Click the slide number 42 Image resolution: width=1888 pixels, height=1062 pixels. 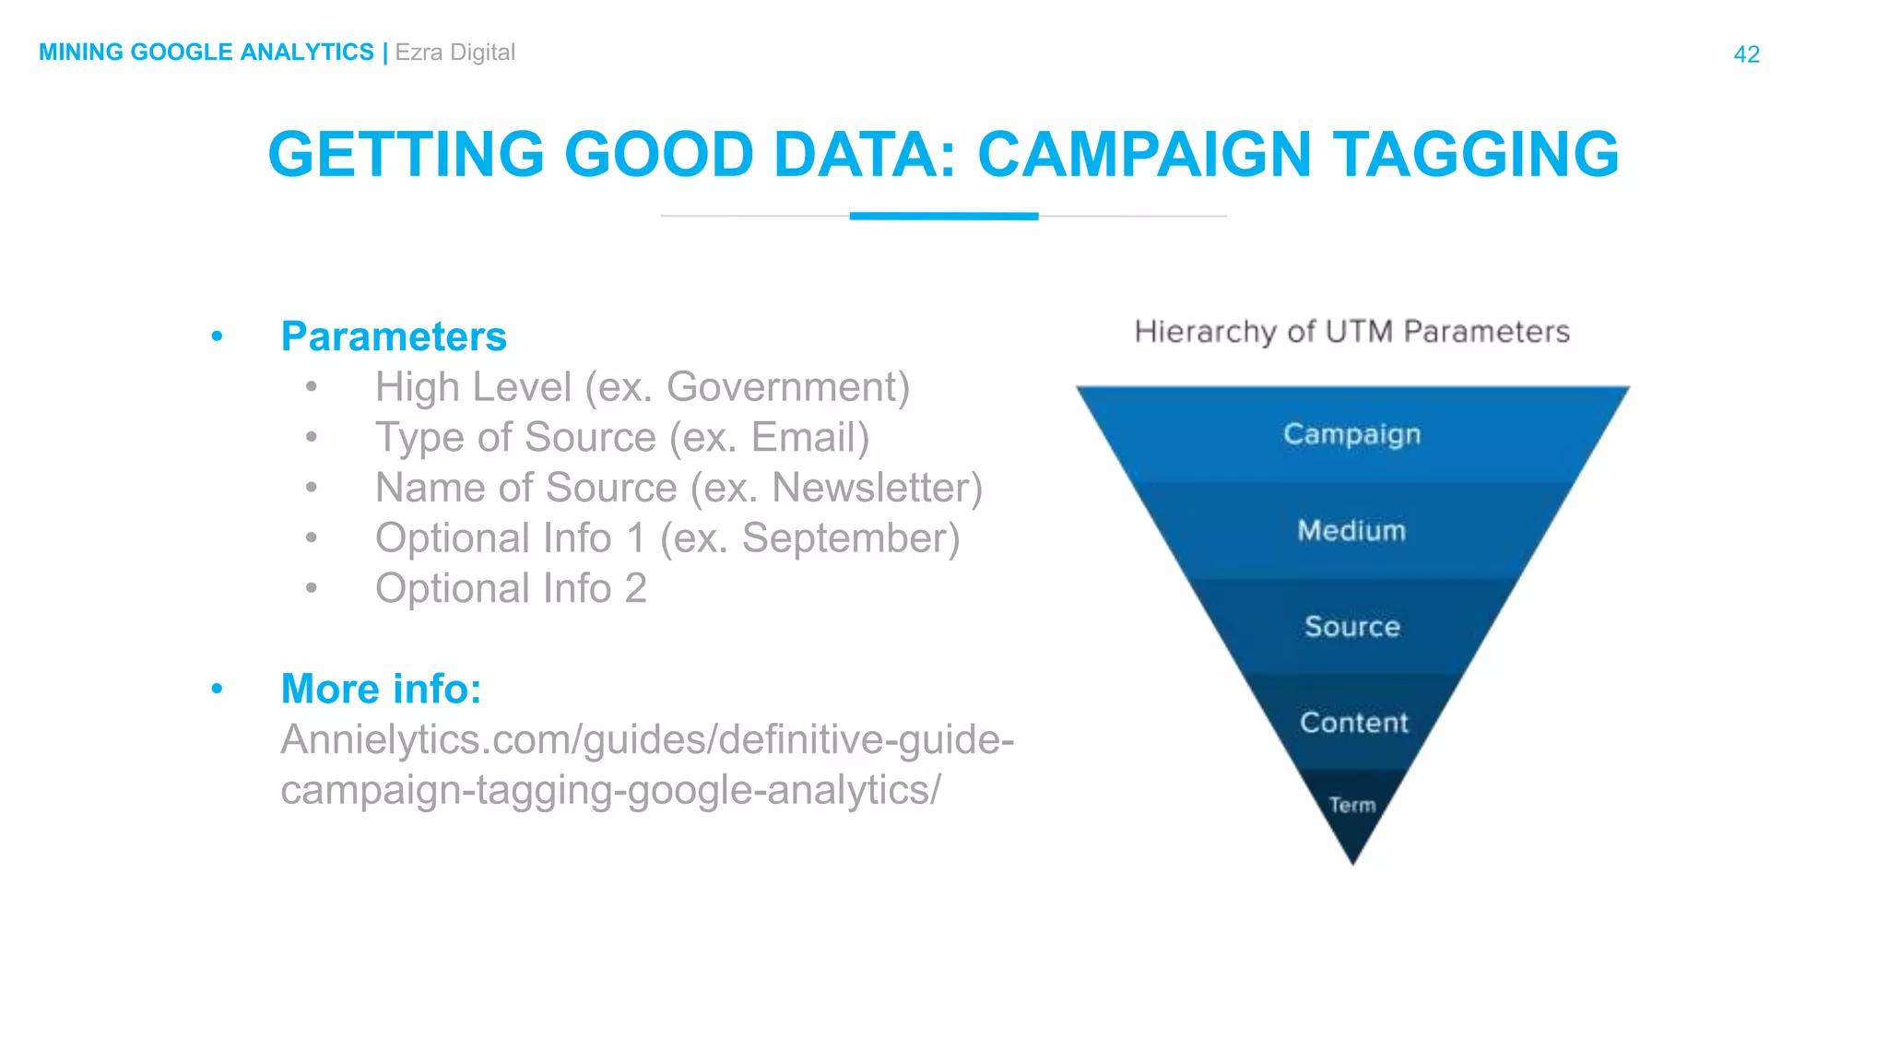pos(1746,54)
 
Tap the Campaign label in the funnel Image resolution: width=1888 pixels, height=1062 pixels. pos(1351,434)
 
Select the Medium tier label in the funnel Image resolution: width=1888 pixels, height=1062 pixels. pos(1351,530)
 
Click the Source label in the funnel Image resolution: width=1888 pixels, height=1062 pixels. pos(1352,627)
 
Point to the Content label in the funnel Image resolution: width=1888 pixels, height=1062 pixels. pos(1353,723)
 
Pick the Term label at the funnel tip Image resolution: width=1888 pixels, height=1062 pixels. pos(1352,805)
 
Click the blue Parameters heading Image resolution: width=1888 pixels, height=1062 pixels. pos(394,336)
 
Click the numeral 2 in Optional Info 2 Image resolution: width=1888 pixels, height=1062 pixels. pos(635,588)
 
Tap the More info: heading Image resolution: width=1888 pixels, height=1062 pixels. pos(381,689)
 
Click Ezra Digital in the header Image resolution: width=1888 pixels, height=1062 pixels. pos(454,53)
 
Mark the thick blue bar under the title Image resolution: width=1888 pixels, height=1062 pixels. pos(943,217)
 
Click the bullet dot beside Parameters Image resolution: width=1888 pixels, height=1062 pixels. pos(217,336)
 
